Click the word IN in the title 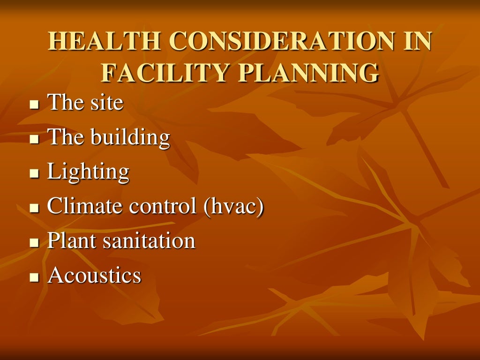point(415,42)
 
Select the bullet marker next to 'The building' point(33,139)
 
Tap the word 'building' point(130,137)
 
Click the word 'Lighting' point(88,172)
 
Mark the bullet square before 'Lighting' point(33,174)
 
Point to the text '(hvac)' point(233,207)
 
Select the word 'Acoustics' point(94,276)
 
